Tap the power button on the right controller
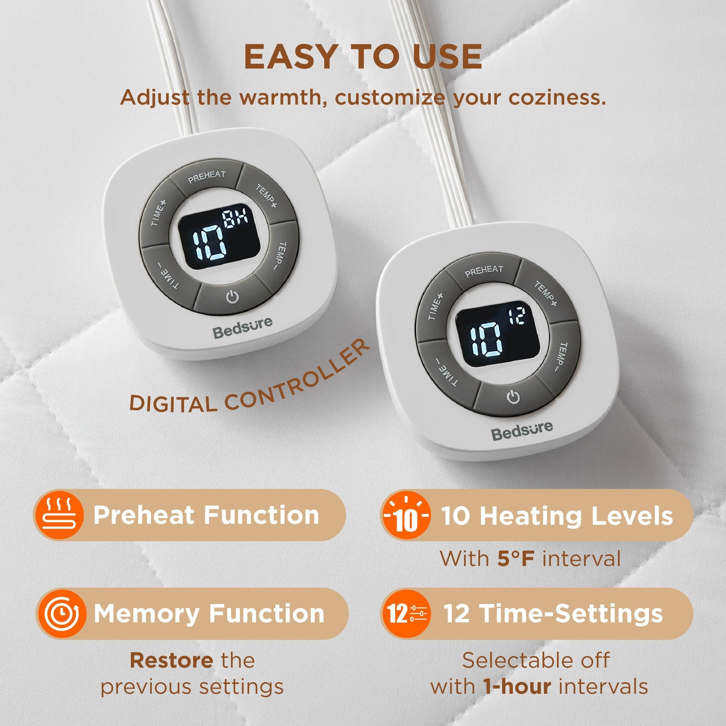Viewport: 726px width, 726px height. click(x=513, y=397)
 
